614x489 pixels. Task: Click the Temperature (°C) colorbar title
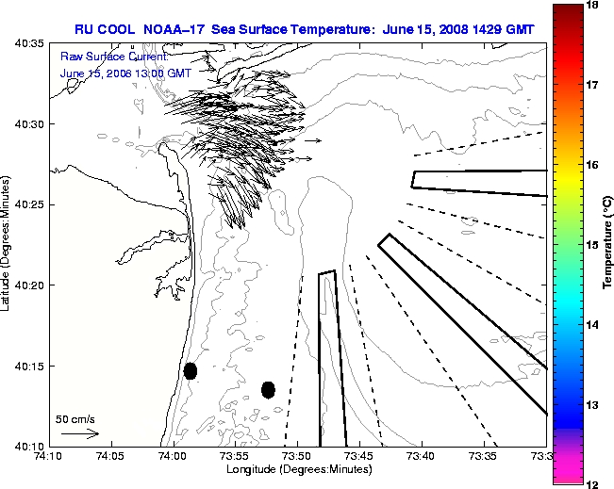[608, 244]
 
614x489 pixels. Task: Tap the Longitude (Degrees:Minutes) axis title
[297, 469]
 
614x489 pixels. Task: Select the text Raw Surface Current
[102, 57]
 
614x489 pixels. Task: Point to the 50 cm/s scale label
[75, 418]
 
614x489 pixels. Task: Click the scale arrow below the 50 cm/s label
[79, 433]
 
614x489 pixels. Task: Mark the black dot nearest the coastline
[191, 370]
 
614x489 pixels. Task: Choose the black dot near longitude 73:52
[268, 389]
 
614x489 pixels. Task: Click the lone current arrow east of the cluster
[313, 141]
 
